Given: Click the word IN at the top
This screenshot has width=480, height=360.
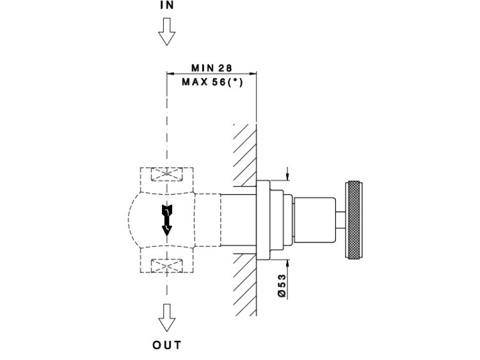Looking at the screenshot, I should point(166,5).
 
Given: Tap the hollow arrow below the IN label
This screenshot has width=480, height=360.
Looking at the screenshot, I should point(166,31).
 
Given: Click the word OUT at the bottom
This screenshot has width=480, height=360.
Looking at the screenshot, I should point(167,345).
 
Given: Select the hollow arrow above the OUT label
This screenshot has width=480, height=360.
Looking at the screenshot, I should point(167,316).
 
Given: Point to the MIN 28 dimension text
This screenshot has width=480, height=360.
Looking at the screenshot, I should point(211,68).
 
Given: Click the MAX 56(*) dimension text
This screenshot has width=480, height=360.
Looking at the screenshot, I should point(212,82).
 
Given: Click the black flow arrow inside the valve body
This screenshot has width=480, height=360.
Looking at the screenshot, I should point(167,221).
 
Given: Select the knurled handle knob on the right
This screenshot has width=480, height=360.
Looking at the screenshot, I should point(354,221).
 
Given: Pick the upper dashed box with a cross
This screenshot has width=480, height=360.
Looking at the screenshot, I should point(166,175).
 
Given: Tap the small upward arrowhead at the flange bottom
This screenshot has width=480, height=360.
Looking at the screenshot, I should point(287,262).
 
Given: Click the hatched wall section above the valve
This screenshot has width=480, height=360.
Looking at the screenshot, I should point(244,150).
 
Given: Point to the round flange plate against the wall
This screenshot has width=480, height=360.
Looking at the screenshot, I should point(264,221).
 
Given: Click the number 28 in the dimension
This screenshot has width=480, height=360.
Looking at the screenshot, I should point(224,68).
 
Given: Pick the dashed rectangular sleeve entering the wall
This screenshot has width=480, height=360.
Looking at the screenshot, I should point(238,221).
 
